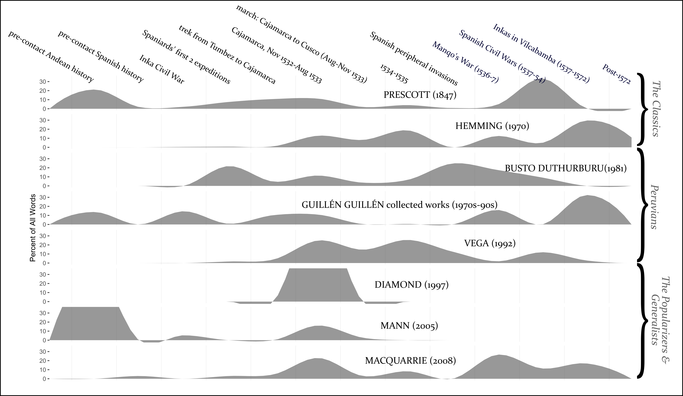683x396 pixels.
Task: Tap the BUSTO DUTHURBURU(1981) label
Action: [566, 168]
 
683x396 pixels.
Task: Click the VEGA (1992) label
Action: [490, 243]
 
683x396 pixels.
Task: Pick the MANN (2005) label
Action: [409, 325]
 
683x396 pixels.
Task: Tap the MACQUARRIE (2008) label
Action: [410, 360]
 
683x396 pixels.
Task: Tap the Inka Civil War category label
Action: [162, 69]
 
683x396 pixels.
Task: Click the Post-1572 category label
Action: [616, 74]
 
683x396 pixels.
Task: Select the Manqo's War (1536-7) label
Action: [465, 62]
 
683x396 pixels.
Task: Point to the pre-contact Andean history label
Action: [51, 56]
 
